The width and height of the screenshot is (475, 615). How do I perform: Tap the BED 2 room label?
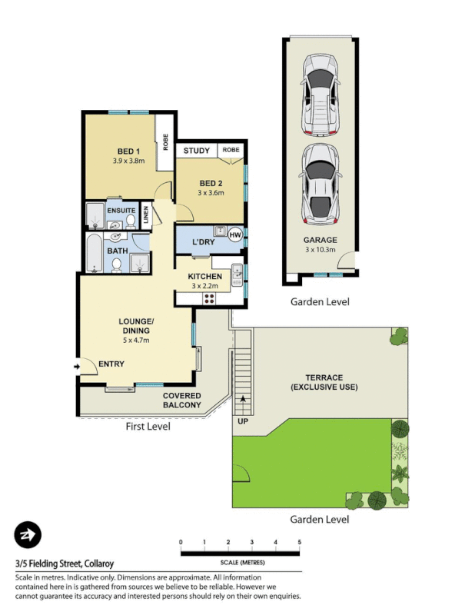pos(211,183)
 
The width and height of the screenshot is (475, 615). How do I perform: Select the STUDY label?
pos(196,151)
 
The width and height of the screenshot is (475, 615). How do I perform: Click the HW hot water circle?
pos(235,234)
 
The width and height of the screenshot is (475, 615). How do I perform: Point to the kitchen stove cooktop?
pos(209,298)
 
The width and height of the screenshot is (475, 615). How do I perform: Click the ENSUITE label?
pos(121,211)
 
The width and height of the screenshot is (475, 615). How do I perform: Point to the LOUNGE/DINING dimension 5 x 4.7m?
pos(135,340)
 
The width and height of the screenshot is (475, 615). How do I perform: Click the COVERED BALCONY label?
pos(181,401)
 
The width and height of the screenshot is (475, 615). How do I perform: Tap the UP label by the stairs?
pos(242,422)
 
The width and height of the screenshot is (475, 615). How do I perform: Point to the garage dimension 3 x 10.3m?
pos(320,249)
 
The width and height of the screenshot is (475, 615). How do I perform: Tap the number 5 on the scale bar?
pos(298,543)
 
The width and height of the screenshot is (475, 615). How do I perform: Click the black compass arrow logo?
pos(28,534)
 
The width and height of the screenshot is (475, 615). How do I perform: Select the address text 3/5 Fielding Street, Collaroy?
pos(63,563)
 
